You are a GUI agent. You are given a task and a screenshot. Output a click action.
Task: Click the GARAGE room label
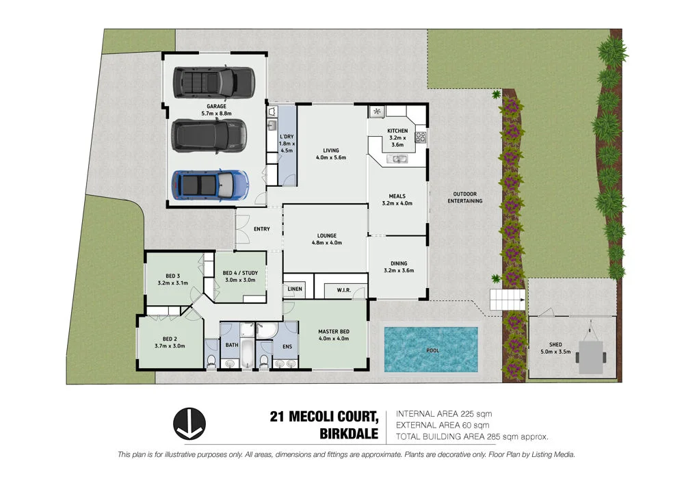(x=216, y=107)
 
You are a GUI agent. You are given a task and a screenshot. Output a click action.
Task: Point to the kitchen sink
(x=397, y=159)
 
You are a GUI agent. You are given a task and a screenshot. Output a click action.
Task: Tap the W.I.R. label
(x=343, y=291)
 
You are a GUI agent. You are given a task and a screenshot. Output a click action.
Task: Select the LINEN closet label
(x=295, y=289)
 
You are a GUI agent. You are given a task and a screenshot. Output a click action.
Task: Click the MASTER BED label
(x=334, y=332)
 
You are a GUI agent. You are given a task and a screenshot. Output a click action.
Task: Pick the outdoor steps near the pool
(x=506, y=299)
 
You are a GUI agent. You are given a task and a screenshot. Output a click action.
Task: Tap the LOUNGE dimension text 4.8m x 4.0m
(x=326, y=243)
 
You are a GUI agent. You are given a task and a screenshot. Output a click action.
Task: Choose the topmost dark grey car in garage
(x=212, y=82)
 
